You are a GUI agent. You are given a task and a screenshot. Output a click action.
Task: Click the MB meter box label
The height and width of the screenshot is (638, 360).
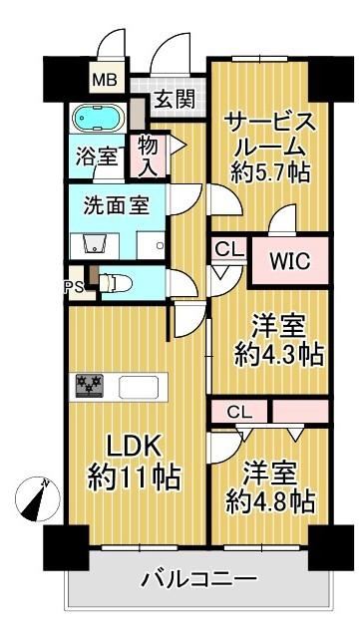[x=105, y=80]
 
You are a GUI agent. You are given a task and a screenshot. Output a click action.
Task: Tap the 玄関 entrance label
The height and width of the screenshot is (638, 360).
[x=174, y=99]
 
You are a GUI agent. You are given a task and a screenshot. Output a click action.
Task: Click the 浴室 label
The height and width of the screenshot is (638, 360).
[x=97, y=158]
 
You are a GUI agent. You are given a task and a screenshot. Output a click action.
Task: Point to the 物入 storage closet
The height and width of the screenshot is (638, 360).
[x=148, y=157]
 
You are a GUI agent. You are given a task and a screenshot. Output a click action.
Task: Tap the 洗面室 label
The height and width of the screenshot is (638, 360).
[x=116, y=206]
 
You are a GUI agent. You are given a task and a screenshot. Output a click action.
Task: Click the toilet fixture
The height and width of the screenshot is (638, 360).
[x=116, y=282]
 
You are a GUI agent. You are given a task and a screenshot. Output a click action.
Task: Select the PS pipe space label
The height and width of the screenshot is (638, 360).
[x=74, y=288]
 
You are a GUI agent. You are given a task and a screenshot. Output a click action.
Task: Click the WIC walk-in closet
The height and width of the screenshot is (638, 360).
[x=290, y=261]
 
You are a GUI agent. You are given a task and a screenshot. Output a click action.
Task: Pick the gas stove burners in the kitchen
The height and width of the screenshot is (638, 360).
[x=89, y=385]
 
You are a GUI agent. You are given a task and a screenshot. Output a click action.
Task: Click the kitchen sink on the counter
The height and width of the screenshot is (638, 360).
[x=139, y=387]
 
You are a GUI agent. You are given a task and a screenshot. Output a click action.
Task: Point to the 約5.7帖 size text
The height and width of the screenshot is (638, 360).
[x=270, y=172]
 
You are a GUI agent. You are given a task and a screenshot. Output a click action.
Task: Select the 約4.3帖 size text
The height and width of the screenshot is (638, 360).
[x=279, y=355]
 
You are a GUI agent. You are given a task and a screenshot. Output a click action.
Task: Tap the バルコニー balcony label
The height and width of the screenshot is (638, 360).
[x=199, y=578]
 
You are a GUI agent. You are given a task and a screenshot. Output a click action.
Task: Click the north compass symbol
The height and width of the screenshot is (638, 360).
[x=38, y=499]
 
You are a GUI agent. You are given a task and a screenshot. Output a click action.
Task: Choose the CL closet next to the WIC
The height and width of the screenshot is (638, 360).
[x=228, y=249]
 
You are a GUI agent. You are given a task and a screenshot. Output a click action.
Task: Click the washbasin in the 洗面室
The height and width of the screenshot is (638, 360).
[x=95, y=245]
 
